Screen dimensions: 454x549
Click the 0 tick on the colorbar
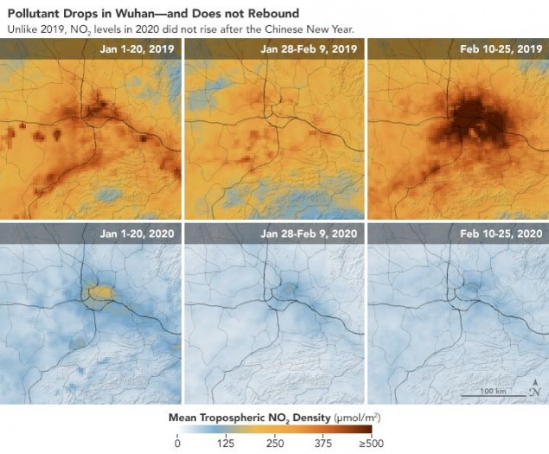(177, 444)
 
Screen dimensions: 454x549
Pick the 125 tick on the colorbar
(227, 444)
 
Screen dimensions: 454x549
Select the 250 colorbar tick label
(275, 444)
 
